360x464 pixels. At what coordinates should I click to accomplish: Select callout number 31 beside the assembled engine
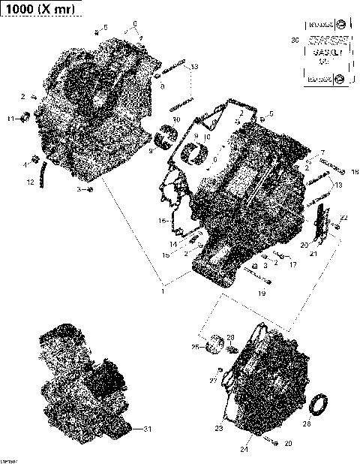pyautogui.click(x=147, y=429)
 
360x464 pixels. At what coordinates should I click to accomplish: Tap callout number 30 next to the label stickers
pyautogui.click(x=294, y=39)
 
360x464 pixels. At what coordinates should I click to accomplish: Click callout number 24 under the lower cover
pyautogui.click(x=244, y=450)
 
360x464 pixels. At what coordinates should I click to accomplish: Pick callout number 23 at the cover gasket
pyautogui.click(x=219, y=429)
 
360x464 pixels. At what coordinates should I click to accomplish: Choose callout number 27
pyautogui.click(x=212, y=381)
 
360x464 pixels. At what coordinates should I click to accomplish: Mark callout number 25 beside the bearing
pyautogui.click(x=194, y=347)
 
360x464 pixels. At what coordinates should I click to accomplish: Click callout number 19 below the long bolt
pyautogui.click(x=262, y=294)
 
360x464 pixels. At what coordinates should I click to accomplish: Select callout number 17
pyautogui.click(x=292, y=264)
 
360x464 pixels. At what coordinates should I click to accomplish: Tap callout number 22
pyautogui.click(x=343, y=218)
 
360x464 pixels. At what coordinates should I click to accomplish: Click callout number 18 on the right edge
pyautogui.click(x=355, y=171)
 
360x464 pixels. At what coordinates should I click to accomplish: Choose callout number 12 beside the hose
pyautogui.click(x=31, y=182)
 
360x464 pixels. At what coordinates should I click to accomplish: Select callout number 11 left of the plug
pyautogui.click(x=10, y=119)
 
